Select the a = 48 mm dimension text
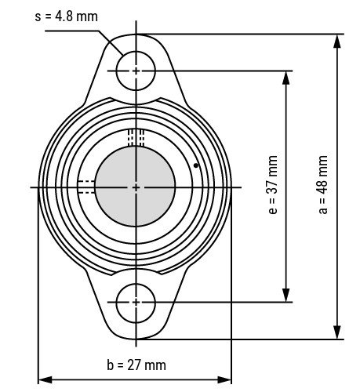click(x=324, y=187)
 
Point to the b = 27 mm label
click(x=136, y=365)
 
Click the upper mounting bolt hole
click(x=136, y=71)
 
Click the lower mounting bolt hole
click(x=136, y=302)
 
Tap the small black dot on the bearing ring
click(x=195, y=166)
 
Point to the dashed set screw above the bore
click(x=136, y=138)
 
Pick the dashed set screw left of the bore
click(x=86, y=187)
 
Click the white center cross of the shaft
click(x=136, y=187)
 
